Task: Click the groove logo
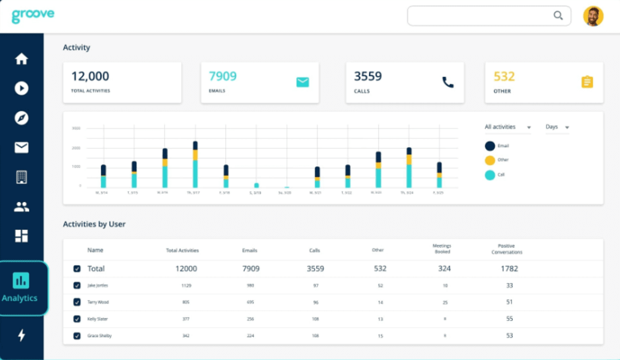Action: [33, 15]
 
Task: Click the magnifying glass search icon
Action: [558, 16]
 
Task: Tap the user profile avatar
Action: [593, 16]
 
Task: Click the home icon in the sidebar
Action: [21, 59]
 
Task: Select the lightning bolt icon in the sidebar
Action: [21, 335]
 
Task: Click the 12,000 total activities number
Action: [90, 76]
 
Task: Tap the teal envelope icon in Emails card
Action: [303, 82]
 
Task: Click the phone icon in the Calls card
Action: [448, 82]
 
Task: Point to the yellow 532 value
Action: [504, 76]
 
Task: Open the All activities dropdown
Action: [507, 127]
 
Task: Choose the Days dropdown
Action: [557, 127]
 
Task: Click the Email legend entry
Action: [497, 146]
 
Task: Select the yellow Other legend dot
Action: [490, 160]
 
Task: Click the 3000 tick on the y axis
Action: [76, 129]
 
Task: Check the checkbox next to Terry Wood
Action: [77, 302]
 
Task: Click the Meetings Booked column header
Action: [441, 249]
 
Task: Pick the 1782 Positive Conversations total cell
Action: [509, 268]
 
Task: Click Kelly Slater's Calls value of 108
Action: [315, 319]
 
